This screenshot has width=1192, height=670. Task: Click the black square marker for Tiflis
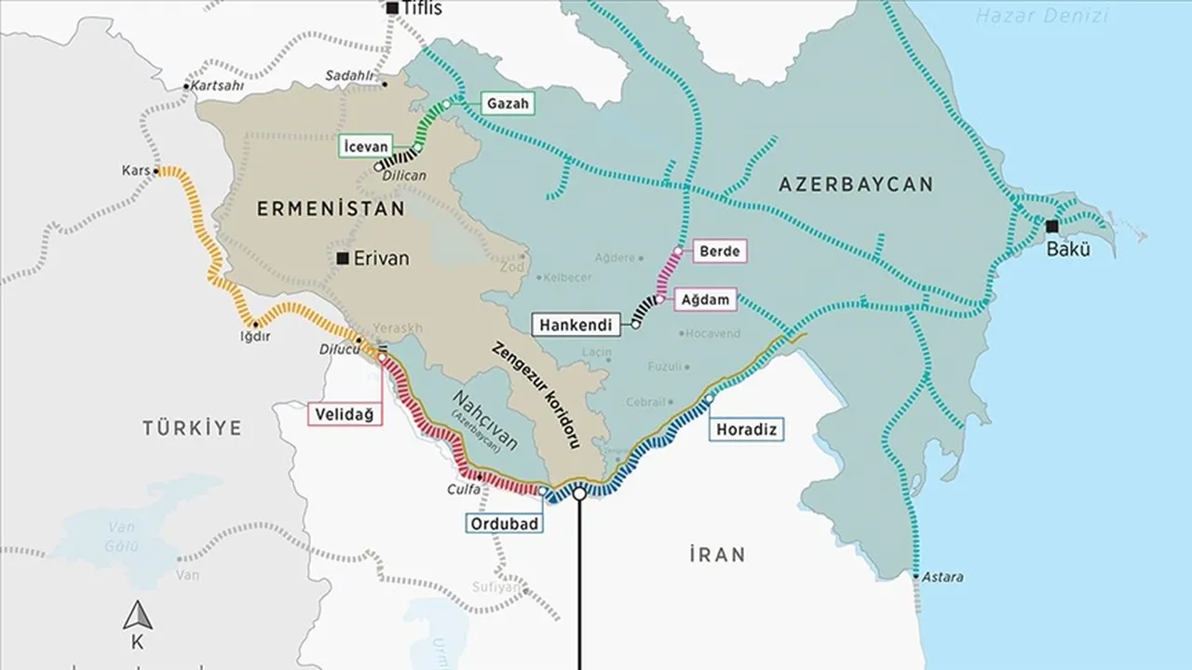[x=392, y=8]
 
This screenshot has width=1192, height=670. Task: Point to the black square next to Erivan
[x=344, y=259]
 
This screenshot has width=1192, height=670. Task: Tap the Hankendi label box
[x=577, y=326]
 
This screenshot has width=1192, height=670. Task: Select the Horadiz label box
[x=747, y=430]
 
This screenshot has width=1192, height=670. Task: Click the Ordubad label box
[x=503, y=524]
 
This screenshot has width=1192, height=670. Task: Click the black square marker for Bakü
[x=1051, y=226]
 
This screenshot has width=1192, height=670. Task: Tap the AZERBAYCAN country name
[x=856, y=184]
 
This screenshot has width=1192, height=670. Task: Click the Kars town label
[x=135, y=171]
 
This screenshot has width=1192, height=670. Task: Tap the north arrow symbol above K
[x=138, y=615]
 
